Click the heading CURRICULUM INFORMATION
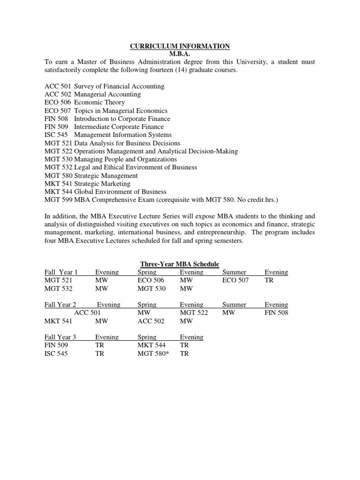(x=180, y=46)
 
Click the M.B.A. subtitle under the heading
(x=180, y=54)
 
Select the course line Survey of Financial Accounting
(x=119, y=86)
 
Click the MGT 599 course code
(x=59, y=200)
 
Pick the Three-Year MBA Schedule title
(x=180, y=264)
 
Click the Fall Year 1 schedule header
(x=61, y=272)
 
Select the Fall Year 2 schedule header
(x=60, y=305)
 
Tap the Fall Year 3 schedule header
(x=60, y=337)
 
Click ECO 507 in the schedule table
(x=236, y=280)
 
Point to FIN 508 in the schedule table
(x=277, y=313)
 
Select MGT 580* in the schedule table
(x=153, y=353)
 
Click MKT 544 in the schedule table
(x=151, y=345)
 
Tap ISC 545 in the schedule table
(x=56, y=353)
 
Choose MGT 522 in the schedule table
(x=194, y=313)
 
